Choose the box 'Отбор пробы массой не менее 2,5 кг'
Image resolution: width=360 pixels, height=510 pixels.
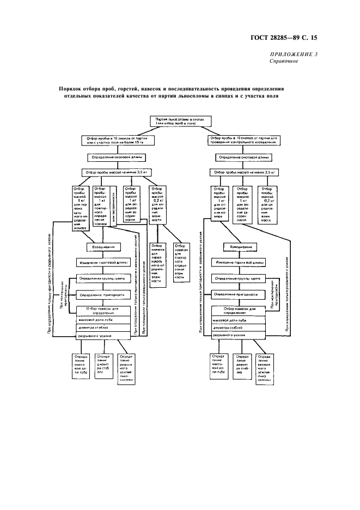pos(243,172)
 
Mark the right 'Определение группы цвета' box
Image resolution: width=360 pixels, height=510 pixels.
pos(240,278)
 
